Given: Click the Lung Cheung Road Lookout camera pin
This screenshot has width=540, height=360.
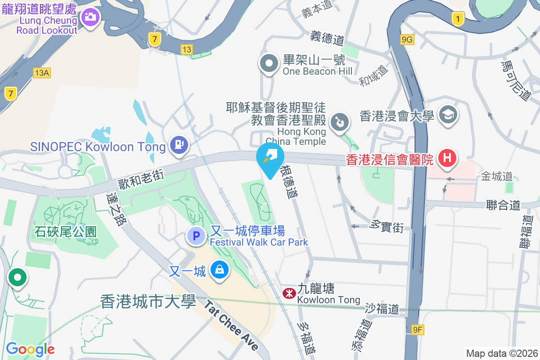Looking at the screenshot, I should [90, 17].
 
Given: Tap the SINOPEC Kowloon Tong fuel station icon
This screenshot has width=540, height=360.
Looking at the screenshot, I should [179, 144].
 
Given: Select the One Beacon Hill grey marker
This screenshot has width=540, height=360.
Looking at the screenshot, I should [269, 63].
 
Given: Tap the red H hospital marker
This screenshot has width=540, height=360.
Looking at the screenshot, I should [447, 158].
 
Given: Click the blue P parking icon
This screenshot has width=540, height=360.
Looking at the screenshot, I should [196, 235].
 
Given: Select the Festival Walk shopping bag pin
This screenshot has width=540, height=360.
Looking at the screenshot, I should [220, 270].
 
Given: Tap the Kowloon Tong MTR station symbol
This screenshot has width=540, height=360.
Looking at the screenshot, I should [288, 293].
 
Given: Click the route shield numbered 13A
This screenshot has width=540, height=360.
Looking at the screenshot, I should [41, 72].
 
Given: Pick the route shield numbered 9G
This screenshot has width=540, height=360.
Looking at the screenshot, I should [407, 40].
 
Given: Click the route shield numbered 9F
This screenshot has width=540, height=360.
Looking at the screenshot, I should [418, 330].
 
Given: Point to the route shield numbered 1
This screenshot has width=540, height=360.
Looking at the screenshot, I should [458, 19].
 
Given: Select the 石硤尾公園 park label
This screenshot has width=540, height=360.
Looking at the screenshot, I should [66, 231].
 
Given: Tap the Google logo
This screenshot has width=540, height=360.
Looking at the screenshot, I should [30, 349].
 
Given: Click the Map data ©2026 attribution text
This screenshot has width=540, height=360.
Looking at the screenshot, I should [501, 353].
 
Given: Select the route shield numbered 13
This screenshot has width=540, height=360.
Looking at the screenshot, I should [187, 49].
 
